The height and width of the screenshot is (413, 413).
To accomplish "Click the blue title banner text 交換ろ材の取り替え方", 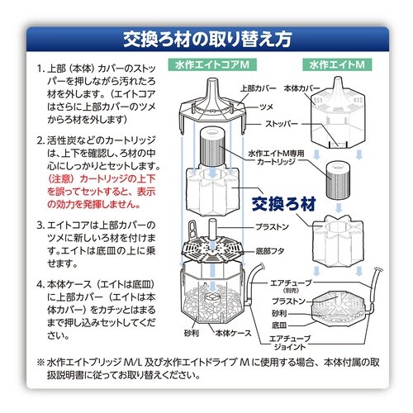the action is click(207, 40).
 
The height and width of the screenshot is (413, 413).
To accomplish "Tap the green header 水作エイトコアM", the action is click(212, 65).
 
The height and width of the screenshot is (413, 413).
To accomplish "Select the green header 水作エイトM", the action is click(337, 65).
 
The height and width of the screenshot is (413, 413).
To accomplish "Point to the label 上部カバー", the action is click(258, 88).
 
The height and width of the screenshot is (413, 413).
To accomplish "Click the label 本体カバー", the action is click(301, 88).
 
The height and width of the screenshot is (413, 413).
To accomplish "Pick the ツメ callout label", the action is click(266, 107).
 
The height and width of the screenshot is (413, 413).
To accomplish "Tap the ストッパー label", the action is click(282, 124).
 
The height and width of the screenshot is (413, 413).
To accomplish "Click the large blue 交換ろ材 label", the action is click(284, 204).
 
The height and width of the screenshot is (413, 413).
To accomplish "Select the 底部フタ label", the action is click(270, 251).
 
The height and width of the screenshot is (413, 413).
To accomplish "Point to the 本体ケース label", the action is click(233, 333).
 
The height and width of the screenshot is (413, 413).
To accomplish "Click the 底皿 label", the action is click(279, 325).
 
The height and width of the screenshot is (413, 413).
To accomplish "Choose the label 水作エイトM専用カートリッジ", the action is click(276, 157).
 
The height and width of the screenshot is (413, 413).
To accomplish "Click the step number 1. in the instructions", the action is click(40, 69).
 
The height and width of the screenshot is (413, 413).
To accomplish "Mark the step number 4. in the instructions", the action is click(40, 284).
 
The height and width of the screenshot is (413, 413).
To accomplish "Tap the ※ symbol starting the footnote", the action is click(40, 363).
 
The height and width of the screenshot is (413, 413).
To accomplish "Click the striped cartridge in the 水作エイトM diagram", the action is click(338, 180).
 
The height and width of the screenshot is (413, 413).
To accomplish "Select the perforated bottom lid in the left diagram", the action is click(212, 249).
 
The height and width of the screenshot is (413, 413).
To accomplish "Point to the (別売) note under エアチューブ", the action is click(291, 291).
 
